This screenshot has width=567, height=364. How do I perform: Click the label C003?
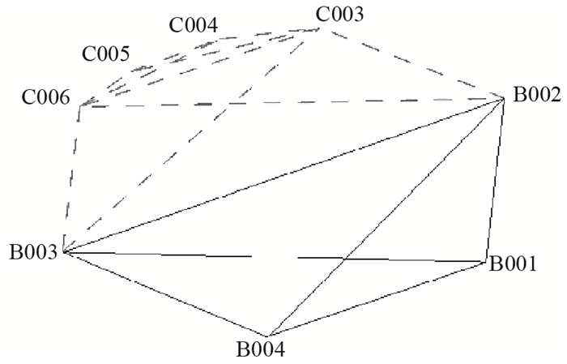[339, 14]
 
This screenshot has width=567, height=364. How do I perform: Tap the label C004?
[193, 25]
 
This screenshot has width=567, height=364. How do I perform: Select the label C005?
[105, 55]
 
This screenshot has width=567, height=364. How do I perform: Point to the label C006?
[45, 99]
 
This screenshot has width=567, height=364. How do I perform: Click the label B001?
[514, 263]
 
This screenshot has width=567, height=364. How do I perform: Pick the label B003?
[32, 252]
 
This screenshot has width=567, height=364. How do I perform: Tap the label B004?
[260, 351]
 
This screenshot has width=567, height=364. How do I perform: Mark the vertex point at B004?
[267, 336]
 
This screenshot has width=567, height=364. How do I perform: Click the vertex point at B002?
[505, 98]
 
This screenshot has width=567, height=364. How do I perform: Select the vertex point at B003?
[63, 252]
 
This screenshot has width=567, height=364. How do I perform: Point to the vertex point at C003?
[323, 28]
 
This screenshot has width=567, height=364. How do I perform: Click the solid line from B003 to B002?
[283, 175]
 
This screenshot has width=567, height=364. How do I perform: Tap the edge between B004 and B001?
[377, 299]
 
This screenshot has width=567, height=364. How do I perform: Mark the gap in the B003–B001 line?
[275, 257]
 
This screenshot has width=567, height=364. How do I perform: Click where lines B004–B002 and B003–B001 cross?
[347, 259]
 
